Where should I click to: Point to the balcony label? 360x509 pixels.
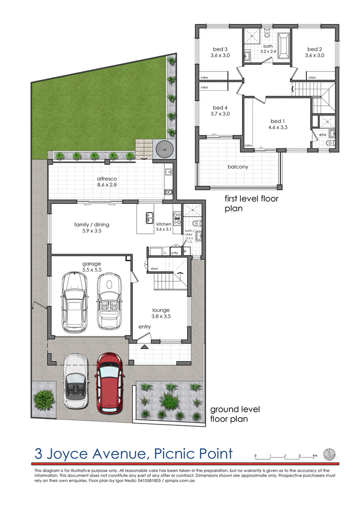pyautogui.click(x=238, y=167)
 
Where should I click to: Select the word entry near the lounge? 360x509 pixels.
pyautogui.click(x=144, y=327)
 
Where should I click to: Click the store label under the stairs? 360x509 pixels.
pyautogui.click(x=154, y=269)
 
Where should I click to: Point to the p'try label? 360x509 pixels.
pyautogui.click(x=175, y=253)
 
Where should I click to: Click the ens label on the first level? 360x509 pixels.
pyautogui.click(x=322, y=134)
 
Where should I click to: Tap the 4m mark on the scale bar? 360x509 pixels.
pyautogui.click(x=315, y=455)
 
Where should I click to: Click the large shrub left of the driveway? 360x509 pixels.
pyautogui.click(x=44, y=397)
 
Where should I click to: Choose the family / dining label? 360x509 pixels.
pyautogui.click(x=92, y=228)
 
